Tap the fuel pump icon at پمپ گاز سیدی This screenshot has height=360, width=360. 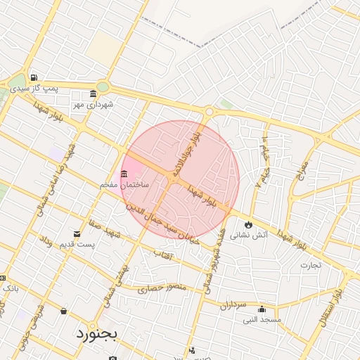(33, 77)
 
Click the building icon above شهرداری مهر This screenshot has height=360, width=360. (93, 94)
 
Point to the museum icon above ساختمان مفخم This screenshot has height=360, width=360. (124, 174)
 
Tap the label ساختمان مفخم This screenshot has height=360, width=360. (124, 184)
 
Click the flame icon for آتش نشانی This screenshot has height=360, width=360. (247, 225)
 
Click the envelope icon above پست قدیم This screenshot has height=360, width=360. (77, 234)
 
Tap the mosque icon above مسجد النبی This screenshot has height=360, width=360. (262, 309)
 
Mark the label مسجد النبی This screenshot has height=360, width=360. (262, 319)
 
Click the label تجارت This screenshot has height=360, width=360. (310, 265)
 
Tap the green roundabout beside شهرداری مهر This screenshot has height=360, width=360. (103, 87)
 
